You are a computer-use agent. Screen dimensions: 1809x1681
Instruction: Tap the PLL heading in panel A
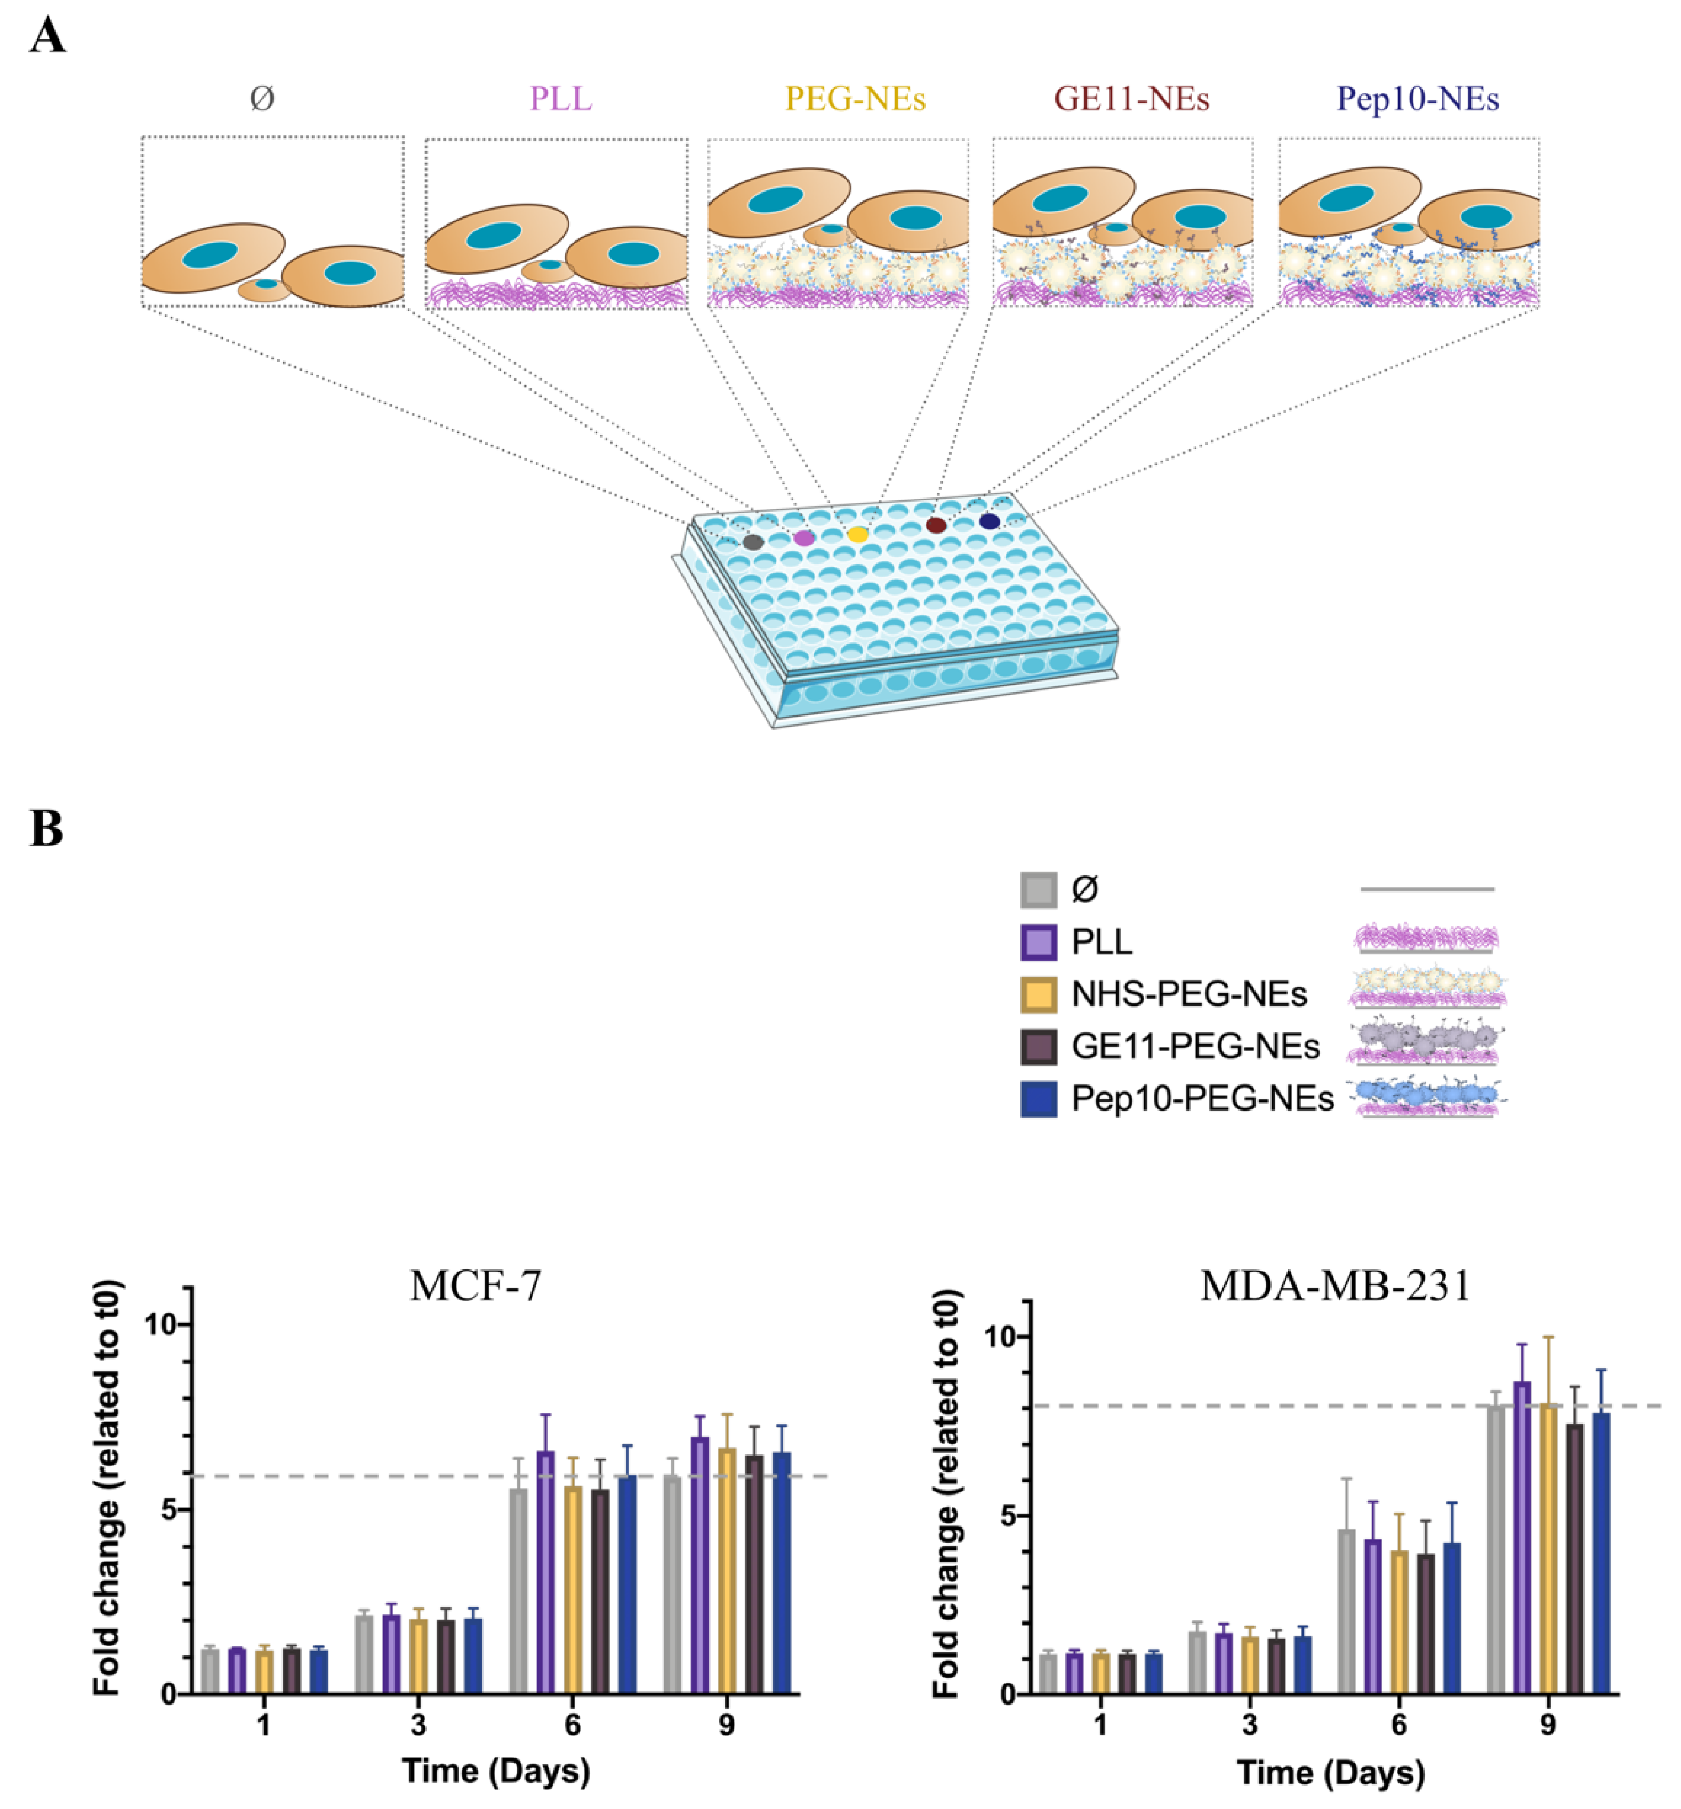[x=560, y=98]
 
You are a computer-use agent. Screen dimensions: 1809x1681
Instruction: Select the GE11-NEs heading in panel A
[x=1131, y=98]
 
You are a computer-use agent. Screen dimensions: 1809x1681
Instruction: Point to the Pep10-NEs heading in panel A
[x=1417, y=98]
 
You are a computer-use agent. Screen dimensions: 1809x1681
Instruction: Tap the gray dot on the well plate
[x=752, y=543]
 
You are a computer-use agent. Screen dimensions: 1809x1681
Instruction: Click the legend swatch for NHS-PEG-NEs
[x=1038, y=994]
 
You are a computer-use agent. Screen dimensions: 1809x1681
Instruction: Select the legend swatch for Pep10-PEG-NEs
[x=1038, y=1099]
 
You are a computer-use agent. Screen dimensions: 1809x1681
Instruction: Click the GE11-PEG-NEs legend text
[x=1194, y=1047]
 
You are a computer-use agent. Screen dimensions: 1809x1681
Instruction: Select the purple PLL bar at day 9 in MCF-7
[x=699, y=1564]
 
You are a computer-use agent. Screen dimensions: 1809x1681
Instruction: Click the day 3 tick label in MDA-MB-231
[x=1249, y=1724]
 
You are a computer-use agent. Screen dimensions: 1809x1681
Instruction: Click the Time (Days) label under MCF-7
[x=496, y=1771]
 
